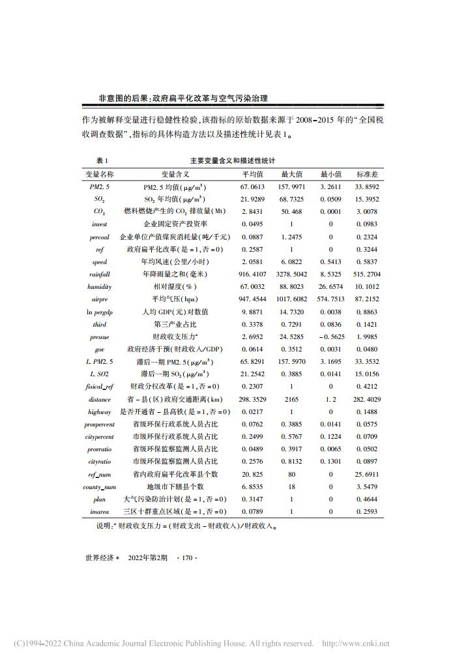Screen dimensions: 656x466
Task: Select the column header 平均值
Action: coord(252,175)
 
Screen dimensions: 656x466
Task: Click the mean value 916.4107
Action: coord(254,275)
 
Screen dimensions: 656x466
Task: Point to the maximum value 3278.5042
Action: coord(292,275)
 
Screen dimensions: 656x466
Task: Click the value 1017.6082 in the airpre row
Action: coord(292,299)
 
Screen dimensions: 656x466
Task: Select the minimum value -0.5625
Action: coord(331,337)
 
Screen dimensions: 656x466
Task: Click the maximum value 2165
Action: coord(291,399)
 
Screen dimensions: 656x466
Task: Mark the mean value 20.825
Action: coord(252,474)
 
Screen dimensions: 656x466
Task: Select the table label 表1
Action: coord(102,160)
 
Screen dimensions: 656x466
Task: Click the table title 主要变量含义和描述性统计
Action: coord(233,160)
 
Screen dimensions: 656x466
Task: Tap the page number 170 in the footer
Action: coord(187,558)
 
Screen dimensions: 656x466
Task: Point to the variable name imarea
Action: coord(100,511)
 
